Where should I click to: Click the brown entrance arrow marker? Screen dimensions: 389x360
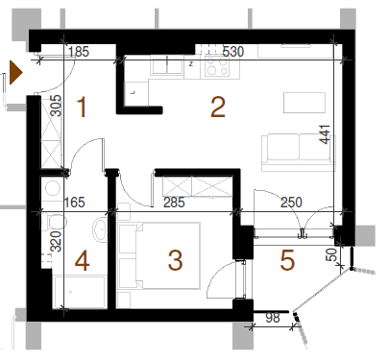[x=15, y=73]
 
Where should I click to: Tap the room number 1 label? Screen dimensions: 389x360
[x=82, y=108]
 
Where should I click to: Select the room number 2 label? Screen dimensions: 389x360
[x=218, y=108]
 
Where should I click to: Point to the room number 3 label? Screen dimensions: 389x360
[x=175, y=260]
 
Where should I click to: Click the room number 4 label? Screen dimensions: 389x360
[x=82, y=261]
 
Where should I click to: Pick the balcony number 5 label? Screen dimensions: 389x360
[x=287, y=260]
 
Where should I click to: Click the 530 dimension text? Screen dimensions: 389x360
[x=233, y=52]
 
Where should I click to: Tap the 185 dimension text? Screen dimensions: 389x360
[x=79, y=52]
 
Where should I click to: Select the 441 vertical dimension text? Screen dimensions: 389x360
[x=325, y=134]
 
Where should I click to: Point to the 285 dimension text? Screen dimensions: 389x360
[x=174, y=203]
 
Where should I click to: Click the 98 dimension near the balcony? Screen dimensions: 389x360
[x=273, y=318]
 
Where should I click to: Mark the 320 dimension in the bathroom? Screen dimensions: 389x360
[x=56, y=242]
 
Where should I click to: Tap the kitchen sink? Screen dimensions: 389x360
[x=167, y=65]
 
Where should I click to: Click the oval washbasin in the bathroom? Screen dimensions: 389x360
[x=101, y=229]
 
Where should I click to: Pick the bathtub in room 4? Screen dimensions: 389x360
[x=80, y=292]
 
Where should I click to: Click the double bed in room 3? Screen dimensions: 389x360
[x=159, y=255]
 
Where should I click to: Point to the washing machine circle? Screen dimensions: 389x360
[x=53, y=188]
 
